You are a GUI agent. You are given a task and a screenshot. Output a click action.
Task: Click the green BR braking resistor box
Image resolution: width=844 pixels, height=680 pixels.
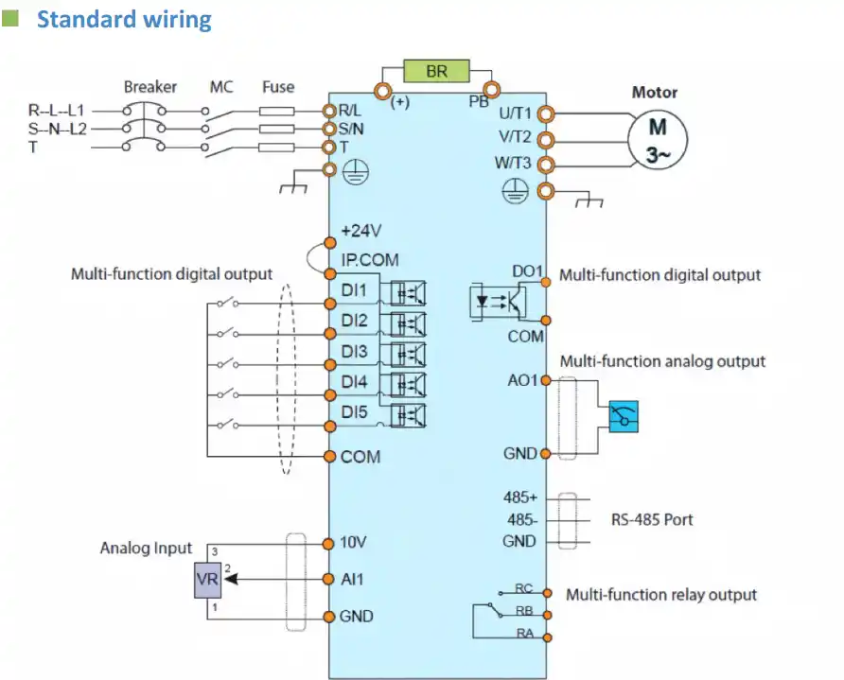pos(436,71)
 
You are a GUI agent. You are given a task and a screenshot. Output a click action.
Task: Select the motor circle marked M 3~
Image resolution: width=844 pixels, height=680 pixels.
pos(656,139)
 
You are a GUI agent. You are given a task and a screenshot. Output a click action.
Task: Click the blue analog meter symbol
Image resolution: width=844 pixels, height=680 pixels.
pos(624,417)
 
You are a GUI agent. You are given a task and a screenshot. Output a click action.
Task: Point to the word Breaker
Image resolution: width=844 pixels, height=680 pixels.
pos(149,87)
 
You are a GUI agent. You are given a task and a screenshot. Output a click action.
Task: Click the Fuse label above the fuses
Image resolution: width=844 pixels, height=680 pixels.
pos(278,87)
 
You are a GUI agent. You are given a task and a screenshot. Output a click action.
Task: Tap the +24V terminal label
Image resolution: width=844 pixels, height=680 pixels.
pos(360,231)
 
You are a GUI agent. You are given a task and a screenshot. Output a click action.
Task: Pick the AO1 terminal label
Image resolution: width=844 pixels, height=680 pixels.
pos(521,380)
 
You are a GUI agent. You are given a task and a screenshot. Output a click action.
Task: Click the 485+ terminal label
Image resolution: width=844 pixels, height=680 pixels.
pos(520,497)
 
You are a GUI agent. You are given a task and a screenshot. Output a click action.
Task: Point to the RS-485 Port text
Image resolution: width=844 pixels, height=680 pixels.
pos(652,519)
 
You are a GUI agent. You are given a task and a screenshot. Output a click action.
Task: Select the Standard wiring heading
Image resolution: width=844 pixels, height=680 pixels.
pos(124,19)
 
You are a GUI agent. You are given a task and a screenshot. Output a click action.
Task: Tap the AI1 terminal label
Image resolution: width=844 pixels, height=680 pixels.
pos(352,579)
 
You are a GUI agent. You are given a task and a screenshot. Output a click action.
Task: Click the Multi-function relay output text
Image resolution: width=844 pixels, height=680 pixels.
pos(661,595)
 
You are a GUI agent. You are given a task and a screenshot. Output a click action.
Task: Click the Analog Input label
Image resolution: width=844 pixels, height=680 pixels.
pos(146,548)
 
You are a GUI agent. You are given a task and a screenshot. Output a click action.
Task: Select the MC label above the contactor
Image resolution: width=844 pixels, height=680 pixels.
pos(221,87)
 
